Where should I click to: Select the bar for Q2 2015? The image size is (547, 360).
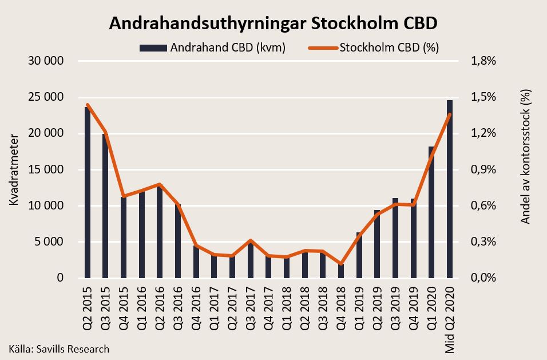[88, 192]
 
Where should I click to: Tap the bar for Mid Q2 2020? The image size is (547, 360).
[450, 189]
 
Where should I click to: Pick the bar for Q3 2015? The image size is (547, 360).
[106, 206]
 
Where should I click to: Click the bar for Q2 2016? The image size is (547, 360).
[160, 232]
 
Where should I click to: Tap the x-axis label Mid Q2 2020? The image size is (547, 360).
[450, 318]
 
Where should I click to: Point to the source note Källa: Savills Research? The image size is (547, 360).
[59, 349]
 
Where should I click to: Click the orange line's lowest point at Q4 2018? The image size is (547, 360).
[341, 264]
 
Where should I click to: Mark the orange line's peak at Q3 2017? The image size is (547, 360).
[251, 240]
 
